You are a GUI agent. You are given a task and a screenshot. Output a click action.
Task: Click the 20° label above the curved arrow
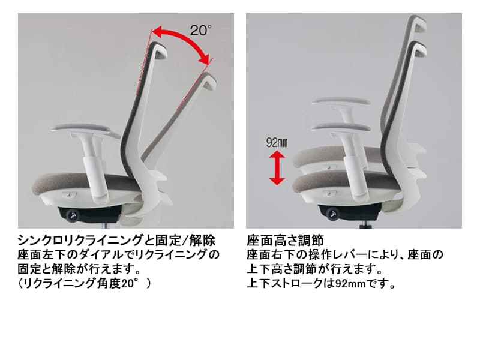(201, 30)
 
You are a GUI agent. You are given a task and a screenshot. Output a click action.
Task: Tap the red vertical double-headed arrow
(277, 169)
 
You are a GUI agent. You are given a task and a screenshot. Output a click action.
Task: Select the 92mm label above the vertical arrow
(277, 142)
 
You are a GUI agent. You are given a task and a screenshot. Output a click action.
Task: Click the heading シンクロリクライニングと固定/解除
(116, 241)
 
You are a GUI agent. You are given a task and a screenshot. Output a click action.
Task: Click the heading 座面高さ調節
(285, 241)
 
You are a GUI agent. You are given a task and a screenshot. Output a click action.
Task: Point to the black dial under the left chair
(73, 215)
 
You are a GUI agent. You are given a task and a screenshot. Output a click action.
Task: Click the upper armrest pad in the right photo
(341, 101)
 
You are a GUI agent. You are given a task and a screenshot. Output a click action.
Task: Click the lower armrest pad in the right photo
(341, 128)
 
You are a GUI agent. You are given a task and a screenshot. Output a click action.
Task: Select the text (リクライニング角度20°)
(85, 284)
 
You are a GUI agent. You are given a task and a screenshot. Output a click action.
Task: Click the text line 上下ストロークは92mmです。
(321, 284)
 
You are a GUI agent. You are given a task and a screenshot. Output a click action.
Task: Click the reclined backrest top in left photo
(208, 81)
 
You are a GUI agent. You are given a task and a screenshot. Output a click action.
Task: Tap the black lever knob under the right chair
(333, 214)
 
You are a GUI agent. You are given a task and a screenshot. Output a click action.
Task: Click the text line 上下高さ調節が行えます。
(314, 269)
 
